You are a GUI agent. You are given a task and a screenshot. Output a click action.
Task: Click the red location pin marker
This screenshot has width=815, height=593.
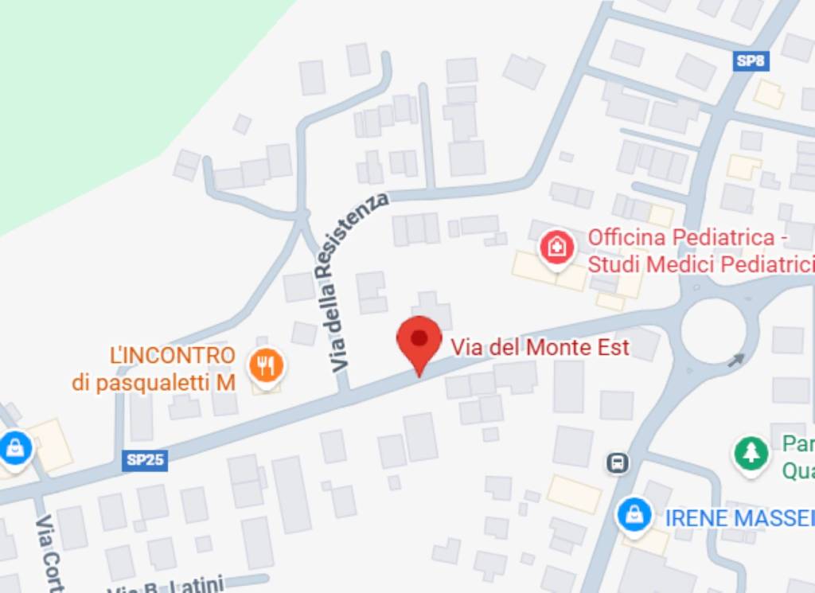point(419,340)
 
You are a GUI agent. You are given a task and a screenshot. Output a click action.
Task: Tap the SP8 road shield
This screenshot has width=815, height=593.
point(751,60)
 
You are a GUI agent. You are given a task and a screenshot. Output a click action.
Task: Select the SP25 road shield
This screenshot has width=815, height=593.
point(146,460)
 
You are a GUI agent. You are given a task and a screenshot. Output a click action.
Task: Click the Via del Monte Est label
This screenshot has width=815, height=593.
point(540,348)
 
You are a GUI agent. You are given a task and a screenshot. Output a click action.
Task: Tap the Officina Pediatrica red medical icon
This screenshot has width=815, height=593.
point(557,248)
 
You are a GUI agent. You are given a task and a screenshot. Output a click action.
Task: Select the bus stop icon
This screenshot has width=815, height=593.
point(618,462)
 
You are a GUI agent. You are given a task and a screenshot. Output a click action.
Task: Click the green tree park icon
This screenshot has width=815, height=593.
point(751,455)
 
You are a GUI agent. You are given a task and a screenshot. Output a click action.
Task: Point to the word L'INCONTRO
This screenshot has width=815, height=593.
point(173,355)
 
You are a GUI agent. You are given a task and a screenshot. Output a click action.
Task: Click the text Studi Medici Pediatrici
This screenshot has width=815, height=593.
point(700,264)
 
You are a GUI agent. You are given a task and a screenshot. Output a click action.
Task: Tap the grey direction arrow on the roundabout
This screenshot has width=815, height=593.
point(737,360)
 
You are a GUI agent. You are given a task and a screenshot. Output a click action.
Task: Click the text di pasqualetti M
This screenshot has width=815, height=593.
point(154,383)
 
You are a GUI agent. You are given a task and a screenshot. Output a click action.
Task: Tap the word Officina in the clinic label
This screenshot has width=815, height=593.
point(627,237)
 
